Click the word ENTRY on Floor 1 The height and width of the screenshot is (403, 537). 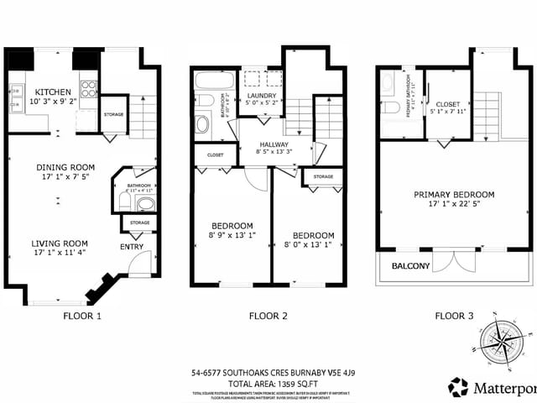coord(132,246)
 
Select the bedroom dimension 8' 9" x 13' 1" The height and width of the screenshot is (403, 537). coord(232,235)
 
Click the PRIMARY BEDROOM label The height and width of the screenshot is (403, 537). coord(454,194)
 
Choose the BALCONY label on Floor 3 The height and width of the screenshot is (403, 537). coord(411,267)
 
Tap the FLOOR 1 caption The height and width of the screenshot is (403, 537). coord(82,316)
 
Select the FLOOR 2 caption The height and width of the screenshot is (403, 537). coord(268,316)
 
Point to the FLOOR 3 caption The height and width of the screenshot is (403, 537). coord(454,316)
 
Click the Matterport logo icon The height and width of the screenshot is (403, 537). coord(458,387)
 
